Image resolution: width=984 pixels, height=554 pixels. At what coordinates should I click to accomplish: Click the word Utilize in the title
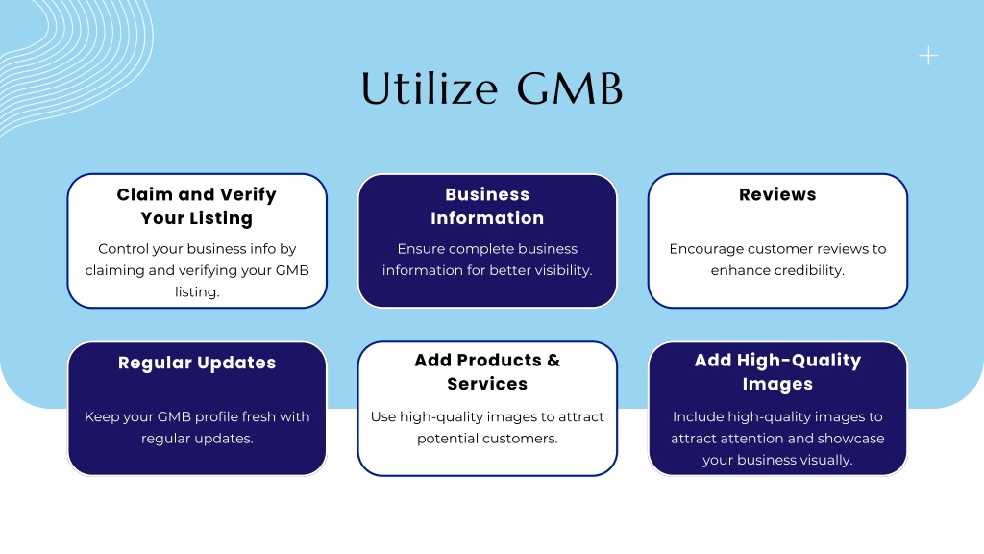tap(430, 88)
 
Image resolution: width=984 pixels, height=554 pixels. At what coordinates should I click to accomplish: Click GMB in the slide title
tap(570, 88)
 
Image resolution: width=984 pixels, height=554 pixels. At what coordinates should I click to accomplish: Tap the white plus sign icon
tap(929, 56)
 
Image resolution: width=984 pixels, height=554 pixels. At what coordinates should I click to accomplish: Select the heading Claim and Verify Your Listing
tap(197, 206)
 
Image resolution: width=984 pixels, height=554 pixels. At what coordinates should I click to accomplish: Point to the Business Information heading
tap(487, 206)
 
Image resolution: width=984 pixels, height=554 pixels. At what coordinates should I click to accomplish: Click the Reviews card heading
tap(777, 194)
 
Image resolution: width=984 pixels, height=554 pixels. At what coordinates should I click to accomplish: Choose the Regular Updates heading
tap(197, 363)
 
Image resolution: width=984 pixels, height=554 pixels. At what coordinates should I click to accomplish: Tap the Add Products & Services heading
tap(487, 372)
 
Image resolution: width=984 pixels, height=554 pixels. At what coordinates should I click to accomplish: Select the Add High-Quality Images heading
tap(777, 372)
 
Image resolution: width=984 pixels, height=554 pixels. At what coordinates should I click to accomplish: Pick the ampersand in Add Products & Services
tap(553, 361)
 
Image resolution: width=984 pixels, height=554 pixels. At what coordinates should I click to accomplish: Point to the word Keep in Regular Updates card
tap(98, 417)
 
